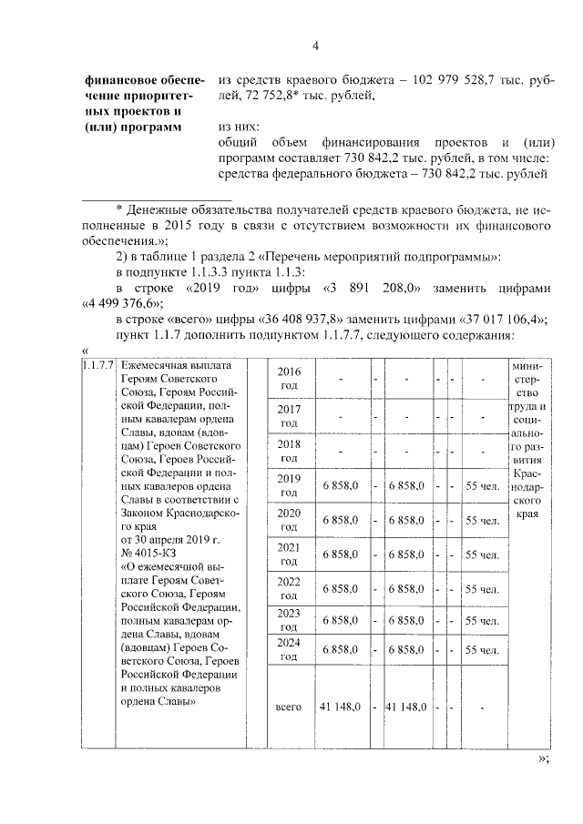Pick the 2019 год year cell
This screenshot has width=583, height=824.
pos(288,486)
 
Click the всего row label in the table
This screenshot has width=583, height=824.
pos(288,707)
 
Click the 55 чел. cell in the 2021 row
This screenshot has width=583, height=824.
pos(482,554)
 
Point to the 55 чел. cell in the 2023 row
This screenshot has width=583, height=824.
pos(482,620)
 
